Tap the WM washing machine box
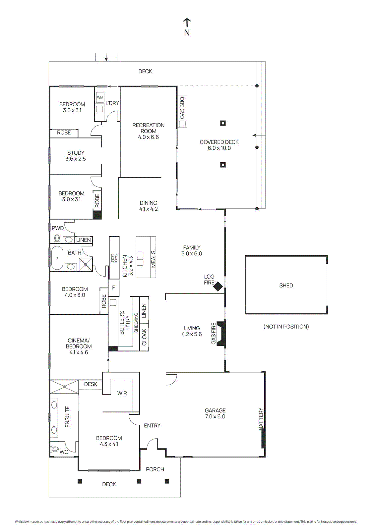pos(100,97)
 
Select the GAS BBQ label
pos(182,108)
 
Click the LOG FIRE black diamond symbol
pos(218,286)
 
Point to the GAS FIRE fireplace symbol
pos(221,334)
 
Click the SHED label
pos(286,286)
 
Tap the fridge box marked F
pos(113,288)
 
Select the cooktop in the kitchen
pos(115,258)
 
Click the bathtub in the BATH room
pos(57,258)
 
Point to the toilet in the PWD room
pos(57,238)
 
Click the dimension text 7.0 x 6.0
pos(215,416)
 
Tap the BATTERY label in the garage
pos(261,419)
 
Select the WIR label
pos(122,393)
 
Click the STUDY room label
pos(76,153)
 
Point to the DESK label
pos(91,384)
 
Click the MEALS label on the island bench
pos(153,259)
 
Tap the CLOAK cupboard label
pos(144,337)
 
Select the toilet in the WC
pos(55,450)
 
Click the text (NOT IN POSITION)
pos(286,327)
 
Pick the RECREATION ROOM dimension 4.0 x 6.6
pos(148,137)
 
